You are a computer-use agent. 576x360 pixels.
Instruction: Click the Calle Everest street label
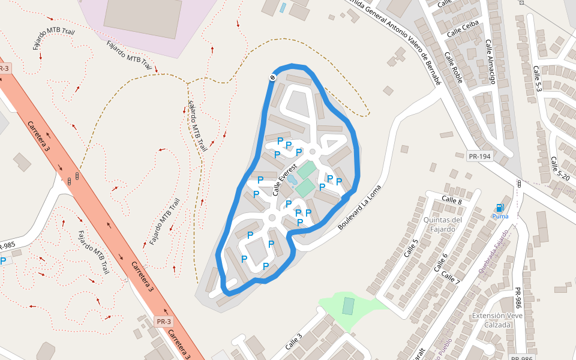pos(285,179)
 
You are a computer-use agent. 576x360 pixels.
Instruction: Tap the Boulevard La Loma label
pos(359,207)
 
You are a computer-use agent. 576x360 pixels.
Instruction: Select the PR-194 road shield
pos(479,157)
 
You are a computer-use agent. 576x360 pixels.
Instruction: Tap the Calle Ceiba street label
pos(463,26)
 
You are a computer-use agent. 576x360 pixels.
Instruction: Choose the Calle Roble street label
pos(454,67)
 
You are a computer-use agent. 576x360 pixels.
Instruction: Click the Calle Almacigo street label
pos(490,61)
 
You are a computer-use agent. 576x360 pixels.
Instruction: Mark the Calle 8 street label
pos(452,199)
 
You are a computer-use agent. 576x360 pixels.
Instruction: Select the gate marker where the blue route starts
pos(272,77)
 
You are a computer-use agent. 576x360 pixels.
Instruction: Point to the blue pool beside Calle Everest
pos(292,179)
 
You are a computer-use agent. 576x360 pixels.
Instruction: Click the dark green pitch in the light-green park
pos(348,306)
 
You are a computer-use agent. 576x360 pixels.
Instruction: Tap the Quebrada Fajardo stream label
pos(494,251)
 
